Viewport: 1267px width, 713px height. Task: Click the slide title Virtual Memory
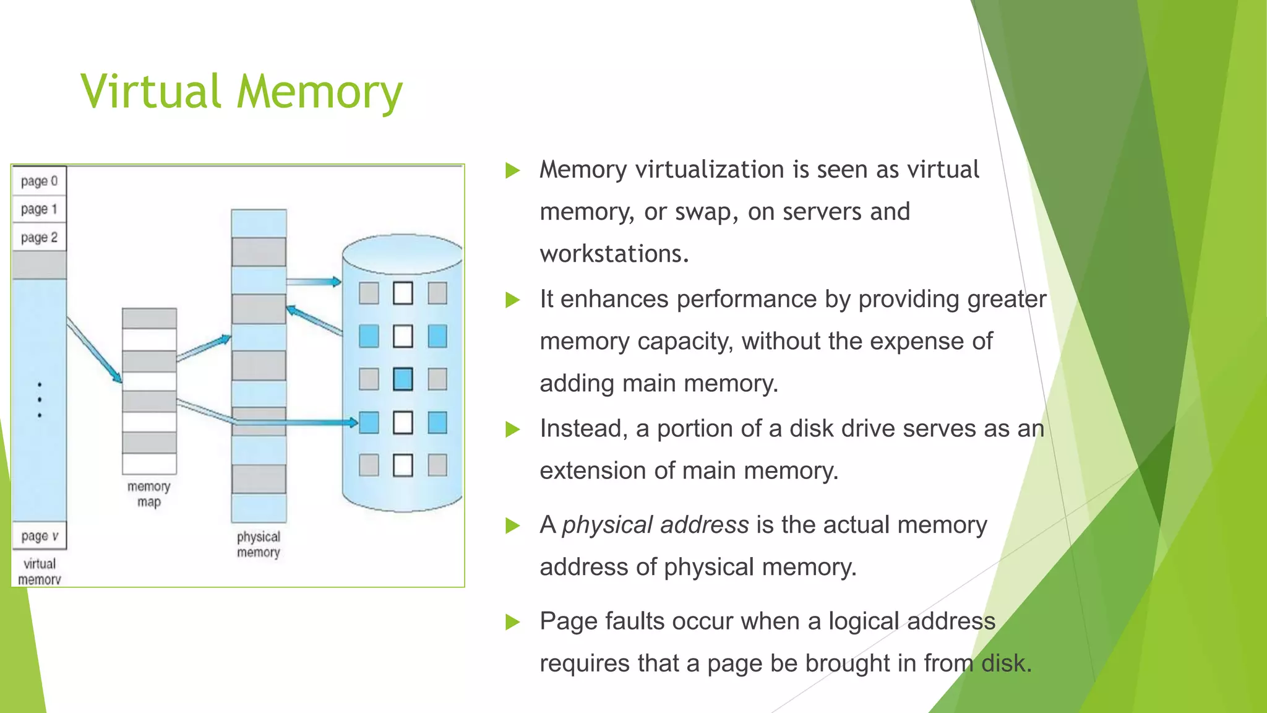tap(241, 92)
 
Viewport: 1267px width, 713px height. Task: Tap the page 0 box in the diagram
tap(39, 181)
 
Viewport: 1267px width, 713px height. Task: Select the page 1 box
tap(39, 209)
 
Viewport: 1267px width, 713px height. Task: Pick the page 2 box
tap(39, 238)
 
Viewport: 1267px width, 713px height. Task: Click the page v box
tap(39, 536)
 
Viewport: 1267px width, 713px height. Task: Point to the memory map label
tap(148, 494)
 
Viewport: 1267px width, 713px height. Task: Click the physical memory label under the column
tap(259, 544)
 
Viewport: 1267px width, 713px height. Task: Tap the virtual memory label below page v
tap(40, 571)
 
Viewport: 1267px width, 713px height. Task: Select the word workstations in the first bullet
tap(614, 254)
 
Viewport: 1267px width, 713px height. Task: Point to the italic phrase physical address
tap(655, 525)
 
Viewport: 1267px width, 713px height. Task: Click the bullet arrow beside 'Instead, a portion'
tap(513, 429)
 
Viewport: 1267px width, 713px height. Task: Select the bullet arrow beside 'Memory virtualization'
tap(513, 170)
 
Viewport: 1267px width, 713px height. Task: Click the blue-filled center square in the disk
tap(403, 379)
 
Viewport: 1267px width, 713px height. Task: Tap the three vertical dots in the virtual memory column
tap(40, 400)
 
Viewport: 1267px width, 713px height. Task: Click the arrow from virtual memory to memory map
tap(95, 350)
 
